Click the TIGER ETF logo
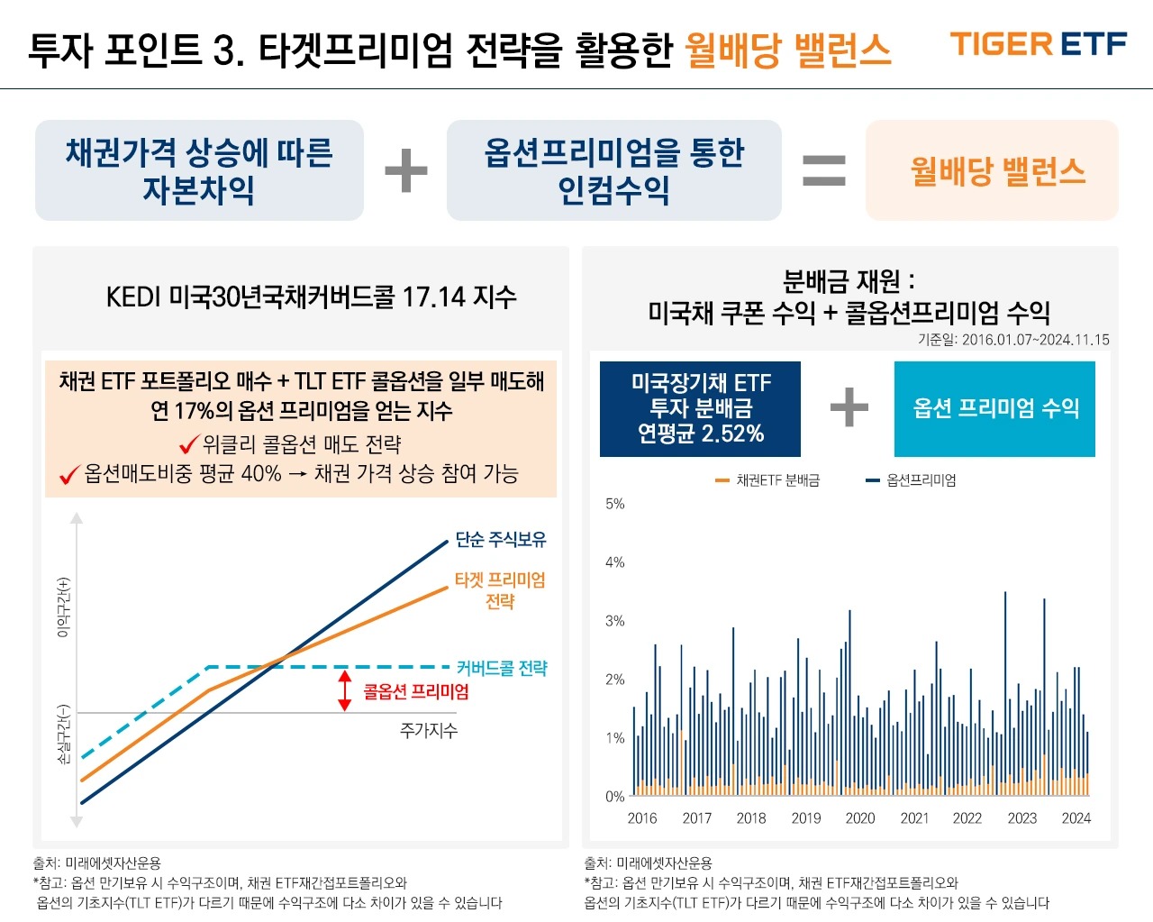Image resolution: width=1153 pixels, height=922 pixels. click(x=1038, y=44)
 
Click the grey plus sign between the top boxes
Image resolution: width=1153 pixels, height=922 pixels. click(x=406, y=170)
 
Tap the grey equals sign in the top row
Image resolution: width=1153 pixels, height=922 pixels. click(x=824, y=170)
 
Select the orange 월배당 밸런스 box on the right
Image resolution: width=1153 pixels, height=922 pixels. click(x=992, y=170)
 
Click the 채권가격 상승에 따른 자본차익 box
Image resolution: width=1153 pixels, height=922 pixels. click(x=199, y=170)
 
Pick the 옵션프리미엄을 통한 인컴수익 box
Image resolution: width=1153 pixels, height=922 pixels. click(x=613, y=170)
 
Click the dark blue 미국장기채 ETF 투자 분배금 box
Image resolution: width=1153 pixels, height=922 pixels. click(x=700, y=408)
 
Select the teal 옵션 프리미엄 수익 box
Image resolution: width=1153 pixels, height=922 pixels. click(x=994, y=408)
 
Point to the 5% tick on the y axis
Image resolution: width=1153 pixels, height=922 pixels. click(x=614, y=504)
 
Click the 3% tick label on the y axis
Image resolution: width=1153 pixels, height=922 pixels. click(x=614, y=621)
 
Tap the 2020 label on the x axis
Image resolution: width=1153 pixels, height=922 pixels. click(x=859, y=818)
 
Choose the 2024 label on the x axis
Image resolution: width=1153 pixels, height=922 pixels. click(x=1076, y=818)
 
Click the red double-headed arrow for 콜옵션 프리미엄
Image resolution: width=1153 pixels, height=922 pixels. click(x=344, y=690)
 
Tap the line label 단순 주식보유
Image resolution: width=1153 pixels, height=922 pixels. click(x=500, y=539)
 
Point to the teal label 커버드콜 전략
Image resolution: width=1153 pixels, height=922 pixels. click(x=501, y=668)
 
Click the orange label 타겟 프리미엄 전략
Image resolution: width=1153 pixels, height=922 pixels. click(x=500, y=590)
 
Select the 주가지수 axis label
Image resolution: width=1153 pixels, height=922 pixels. click(x=428, y=730)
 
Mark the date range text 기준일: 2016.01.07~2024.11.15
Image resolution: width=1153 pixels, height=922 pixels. click(x=1013, y=340)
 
